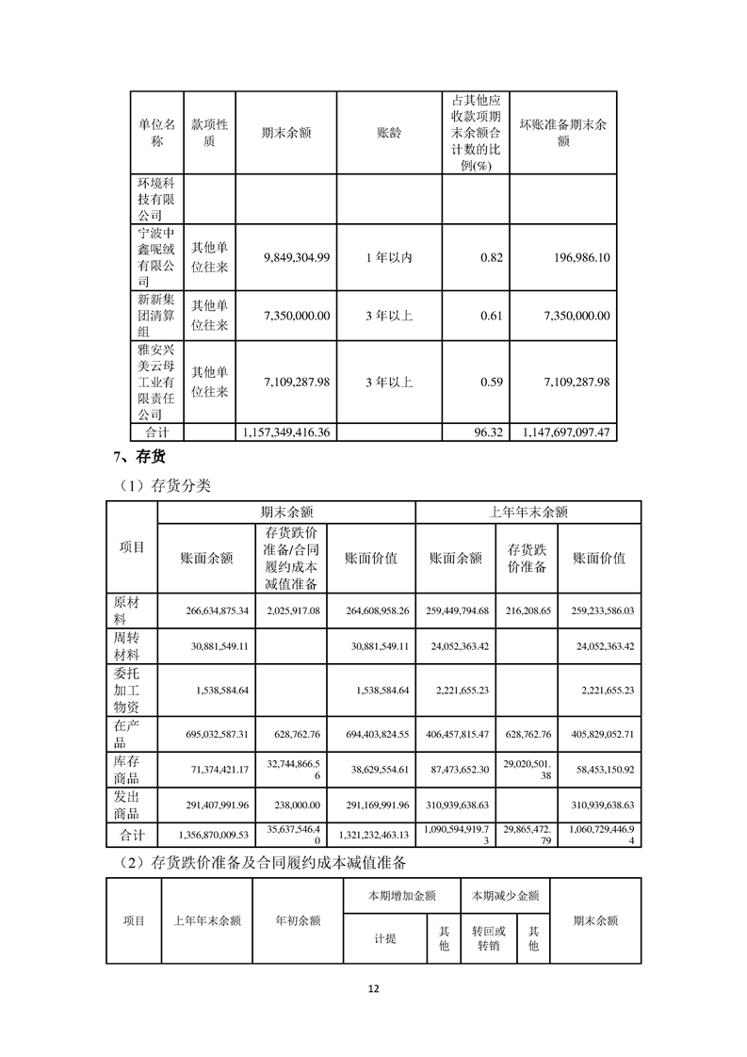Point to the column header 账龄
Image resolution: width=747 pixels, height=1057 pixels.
[x=389, y=133]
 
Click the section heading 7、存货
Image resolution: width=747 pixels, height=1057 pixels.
[x=134, y=459]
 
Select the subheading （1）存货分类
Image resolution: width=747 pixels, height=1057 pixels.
[x=163, y=486]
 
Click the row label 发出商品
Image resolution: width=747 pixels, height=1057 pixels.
[x=125, y=805]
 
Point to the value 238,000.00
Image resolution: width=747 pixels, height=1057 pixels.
[x=295, y=805]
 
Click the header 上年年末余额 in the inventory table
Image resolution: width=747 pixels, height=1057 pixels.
[x=528, y=512]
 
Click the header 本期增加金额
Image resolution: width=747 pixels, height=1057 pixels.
[x=401, y=896]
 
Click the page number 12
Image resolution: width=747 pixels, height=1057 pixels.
[x=373, y=989]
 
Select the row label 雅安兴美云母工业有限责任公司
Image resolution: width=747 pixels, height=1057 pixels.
[x=156, y=382]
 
